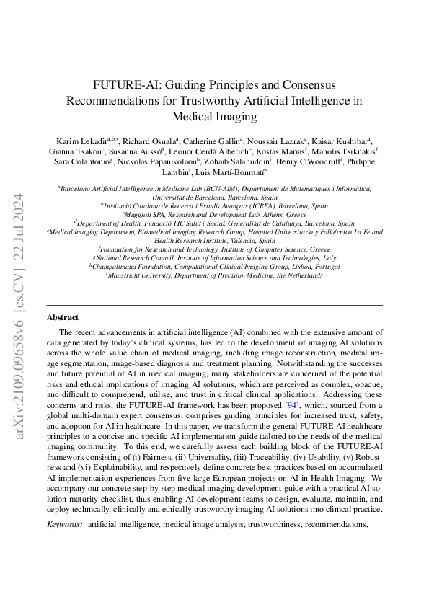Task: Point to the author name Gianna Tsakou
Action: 75,151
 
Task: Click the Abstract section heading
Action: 63,317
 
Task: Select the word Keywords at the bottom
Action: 63,504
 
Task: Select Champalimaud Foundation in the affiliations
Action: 134,266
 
